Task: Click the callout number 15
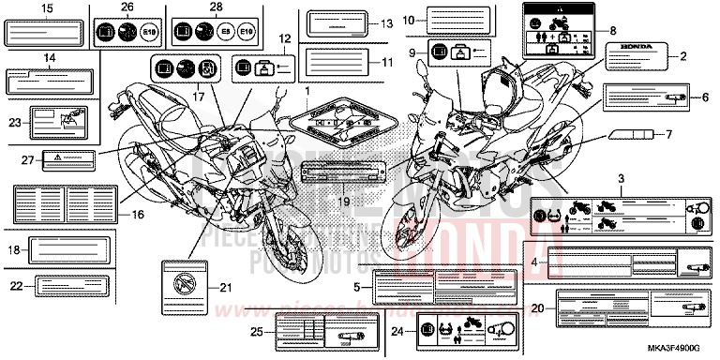46,8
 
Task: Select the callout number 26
127,8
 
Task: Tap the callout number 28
217,8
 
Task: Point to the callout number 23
14,122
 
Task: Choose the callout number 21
224,287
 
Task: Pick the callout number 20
537,307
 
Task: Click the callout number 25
256,331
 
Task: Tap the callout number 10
408,20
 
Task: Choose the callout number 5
358,287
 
